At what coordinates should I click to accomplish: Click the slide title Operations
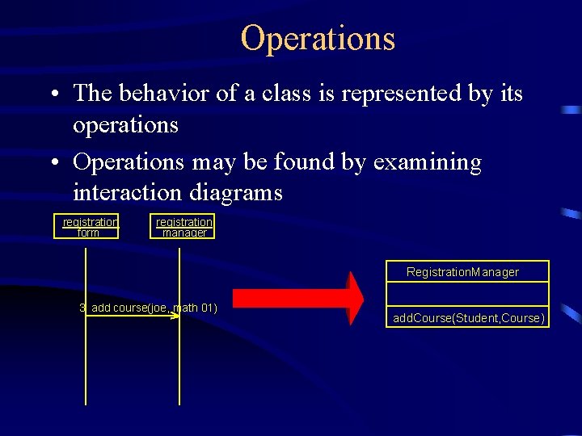pyautogui.click(x=318, y=38)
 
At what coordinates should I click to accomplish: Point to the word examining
pyautogui.click(x=427, y=162)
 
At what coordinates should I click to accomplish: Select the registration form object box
pyautogui.click(x=86, y=227)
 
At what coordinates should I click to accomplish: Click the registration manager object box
pyautogui.click(x=183, y=227)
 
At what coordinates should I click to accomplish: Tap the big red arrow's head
pyautogui.click(x=355, y=298)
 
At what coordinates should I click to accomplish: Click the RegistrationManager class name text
pyautogui.click(x=462, y=272)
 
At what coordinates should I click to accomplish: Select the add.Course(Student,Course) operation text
pyautogui.click(x=469, y=318)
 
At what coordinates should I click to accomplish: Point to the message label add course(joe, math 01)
pyautogui.click(x=149, y=308)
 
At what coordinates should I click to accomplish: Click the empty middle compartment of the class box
pyautogui.click(x=468, y=292)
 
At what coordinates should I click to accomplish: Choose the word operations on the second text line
pyautogui.click(x=125, y=125)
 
